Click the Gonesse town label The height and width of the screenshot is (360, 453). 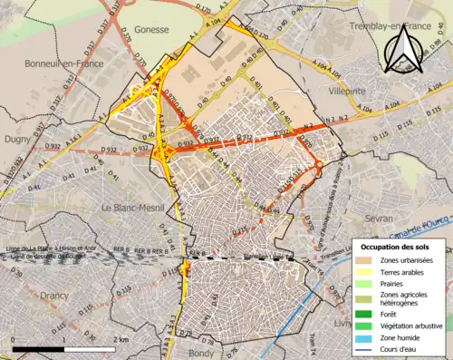[x=151, y=29]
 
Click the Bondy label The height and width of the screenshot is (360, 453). [x=198, y=351]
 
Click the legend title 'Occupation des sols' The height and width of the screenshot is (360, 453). [x=397, y=247]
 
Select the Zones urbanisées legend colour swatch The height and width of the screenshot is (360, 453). [x=368, y=261]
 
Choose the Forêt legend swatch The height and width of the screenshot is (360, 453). [x=368, y=315]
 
